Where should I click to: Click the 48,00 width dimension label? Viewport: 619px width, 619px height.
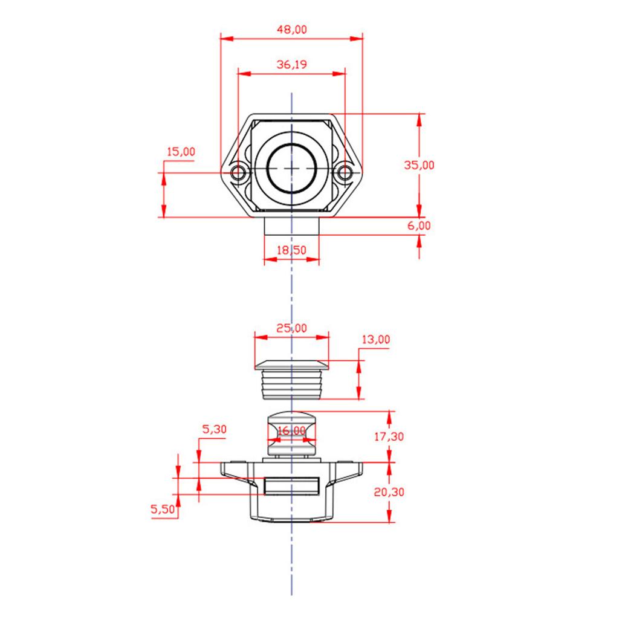point(292,30)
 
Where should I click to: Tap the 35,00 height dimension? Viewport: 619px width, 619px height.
point(419,165)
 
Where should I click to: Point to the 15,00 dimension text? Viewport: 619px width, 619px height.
point(181,152)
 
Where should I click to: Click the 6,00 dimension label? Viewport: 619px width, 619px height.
point(419,225)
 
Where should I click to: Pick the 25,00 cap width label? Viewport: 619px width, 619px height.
point(291,328)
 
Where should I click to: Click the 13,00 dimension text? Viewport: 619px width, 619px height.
point(375,340)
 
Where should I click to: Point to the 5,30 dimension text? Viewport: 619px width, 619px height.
point(214,430)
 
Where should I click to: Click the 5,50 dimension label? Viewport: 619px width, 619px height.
point(163,510)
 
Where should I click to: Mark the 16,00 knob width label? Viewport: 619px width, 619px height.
point(292,430)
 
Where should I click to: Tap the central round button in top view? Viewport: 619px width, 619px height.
point(292,169)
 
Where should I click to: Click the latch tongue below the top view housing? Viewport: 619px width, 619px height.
point(291,227)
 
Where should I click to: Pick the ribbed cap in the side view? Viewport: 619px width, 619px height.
point(292,379)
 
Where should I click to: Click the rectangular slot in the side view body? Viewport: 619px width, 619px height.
point(292,485)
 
